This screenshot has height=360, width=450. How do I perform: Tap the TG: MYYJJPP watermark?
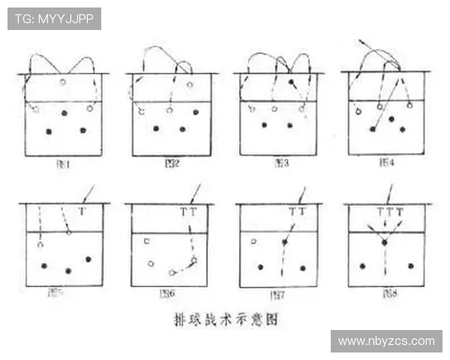pyautogui.click(x=54, y=19)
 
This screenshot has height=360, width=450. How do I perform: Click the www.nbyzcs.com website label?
pyautogui.click(x=386, y=341)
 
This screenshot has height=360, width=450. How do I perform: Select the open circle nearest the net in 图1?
pyautogui.click(x=63, y=82)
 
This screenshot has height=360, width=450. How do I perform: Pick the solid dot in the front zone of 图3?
pyautogui.click(x=291, y=81)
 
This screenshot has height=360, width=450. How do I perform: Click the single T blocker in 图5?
pyautogui.click(x=82, y=212)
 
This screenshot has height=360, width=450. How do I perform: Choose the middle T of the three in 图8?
pyautogui.click(x=389, y=212)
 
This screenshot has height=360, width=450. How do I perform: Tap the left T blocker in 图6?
pyautogui.click(x=184, y=212)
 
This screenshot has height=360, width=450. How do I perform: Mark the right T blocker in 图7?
pyautogui.click(x=302, y=212)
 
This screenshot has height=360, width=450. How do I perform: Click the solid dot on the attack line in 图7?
pyautogui.click(x=285, y=241)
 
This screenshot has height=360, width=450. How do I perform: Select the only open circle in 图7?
pyautogui.click(x=253, y=241)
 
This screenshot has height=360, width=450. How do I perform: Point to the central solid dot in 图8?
pyautogui.click(x=384, y=242)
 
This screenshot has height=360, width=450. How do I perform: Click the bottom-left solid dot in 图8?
pyautogui.click(x=362, y=265)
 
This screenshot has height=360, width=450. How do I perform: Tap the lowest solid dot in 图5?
pyautogui.click(x=68, y=271)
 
